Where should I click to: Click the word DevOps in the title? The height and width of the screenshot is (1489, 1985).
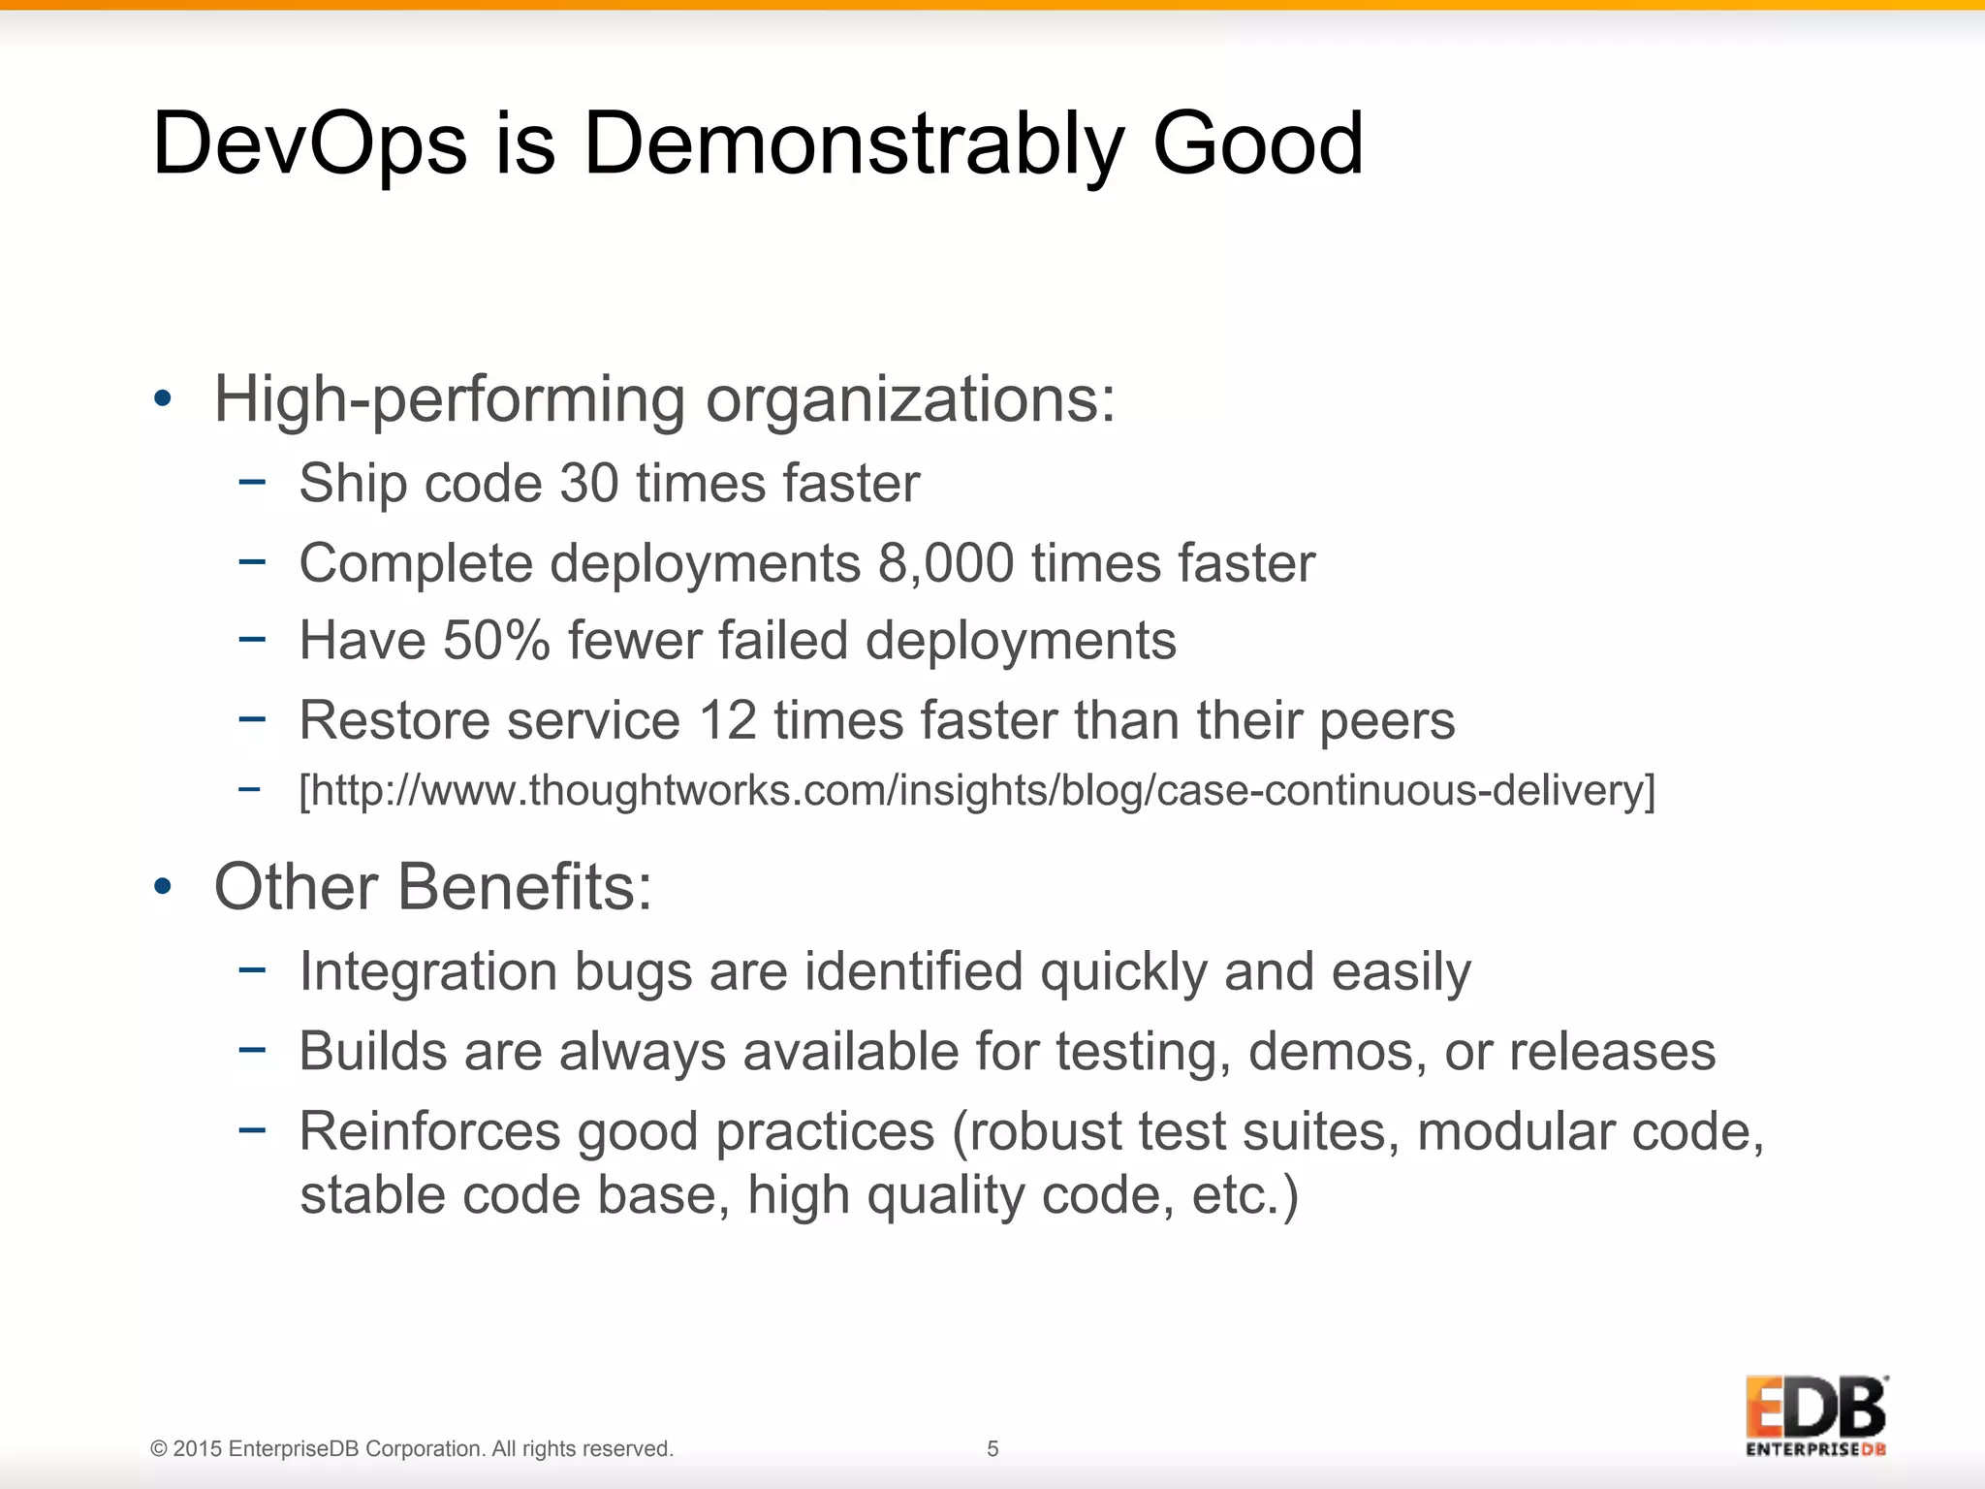tap(310, 145)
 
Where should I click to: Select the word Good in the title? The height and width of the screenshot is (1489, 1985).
tap(1257, 143)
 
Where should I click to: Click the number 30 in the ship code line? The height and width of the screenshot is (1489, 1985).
tap(589, 483)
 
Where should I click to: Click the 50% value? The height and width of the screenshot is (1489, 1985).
tap(496, 641)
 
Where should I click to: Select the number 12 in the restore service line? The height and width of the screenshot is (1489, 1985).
tap(727, 720)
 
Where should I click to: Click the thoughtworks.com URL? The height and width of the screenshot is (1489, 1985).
tap(977, 790)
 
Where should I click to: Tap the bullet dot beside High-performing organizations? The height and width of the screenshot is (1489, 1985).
tap(163, 398)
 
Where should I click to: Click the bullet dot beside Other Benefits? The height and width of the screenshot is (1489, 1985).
tap(163, 886)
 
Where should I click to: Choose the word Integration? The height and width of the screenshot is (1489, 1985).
tap(428, 971)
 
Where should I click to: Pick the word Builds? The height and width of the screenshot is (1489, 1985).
tap(373, 1051)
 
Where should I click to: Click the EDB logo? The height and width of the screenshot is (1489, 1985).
tap(1816, 1414)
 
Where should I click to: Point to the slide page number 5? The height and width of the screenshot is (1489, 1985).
tap(992, 1448)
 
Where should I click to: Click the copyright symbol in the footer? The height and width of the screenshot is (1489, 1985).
tap(159, 1449)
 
